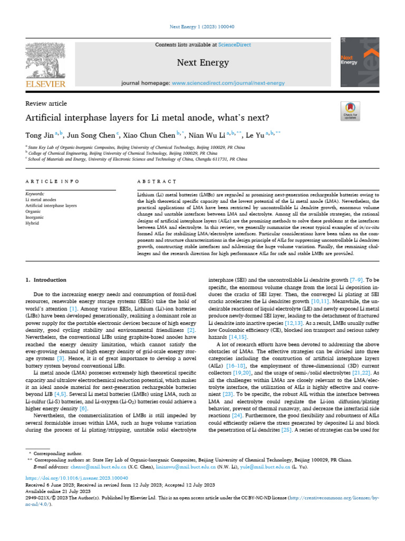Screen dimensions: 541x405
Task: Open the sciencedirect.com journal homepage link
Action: point(228,83)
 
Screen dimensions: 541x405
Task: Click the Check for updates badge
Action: point(350,109)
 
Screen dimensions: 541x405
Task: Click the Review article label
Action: point(46,104)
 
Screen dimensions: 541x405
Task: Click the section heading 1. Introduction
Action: point(46,279)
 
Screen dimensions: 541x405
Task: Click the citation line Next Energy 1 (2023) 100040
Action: point(202,27)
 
